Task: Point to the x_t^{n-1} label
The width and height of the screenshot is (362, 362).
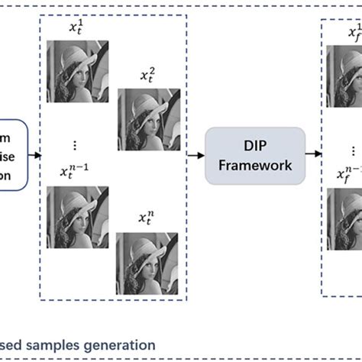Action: pyautogui.click(x=75, y=173)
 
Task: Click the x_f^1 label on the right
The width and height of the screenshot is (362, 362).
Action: pyautogui.click(x=354, y=33)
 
